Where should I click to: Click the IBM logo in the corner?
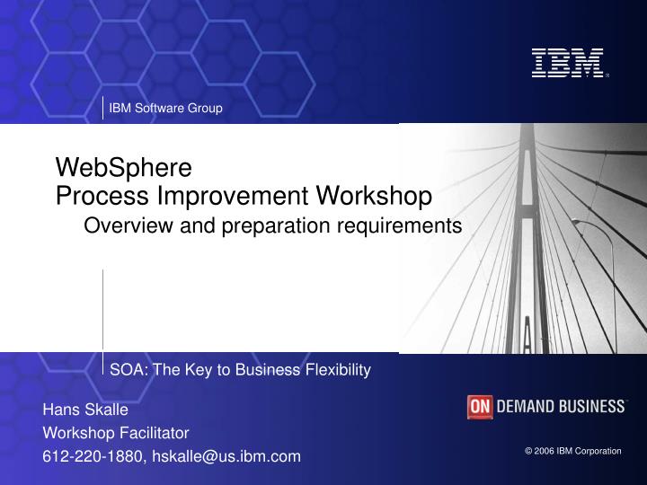click(566, 63)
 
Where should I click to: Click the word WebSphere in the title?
click(124, 167)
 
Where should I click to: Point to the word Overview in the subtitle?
click(120, 225)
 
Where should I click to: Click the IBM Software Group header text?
click(165, 109)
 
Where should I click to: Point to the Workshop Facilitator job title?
click(116, 433)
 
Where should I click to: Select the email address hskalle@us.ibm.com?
click(226, 456)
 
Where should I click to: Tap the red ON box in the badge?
click(480, 407)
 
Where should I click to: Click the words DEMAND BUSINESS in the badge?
click(561, 407)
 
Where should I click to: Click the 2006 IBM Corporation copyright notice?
click(573, 451)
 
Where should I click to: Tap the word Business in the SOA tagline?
click(270, 369)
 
